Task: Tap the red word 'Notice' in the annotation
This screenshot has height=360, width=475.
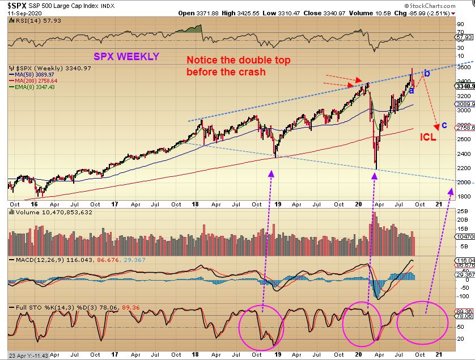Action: [201, 60]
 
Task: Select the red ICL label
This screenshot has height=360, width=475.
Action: [428, 137]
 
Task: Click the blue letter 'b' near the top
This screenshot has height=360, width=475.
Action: [427, 73]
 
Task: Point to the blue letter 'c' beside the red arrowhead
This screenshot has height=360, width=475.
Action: [444, 125]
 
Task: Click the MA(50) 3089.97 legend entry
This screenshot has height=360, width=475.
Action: [36, 74]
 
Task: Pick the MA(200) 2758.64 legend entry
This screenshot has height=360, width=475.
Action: [37, 81]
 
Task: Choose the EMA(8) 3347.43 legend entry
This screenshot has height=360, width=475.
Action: [36, 87]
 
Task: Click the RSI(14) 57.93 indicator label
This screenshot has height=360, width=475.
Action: [29, 21]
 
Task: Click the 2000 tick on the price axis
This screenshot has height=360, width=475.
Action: [464, 183]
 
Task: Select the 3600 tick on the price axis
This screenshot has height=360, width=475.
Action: [464, 67]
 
